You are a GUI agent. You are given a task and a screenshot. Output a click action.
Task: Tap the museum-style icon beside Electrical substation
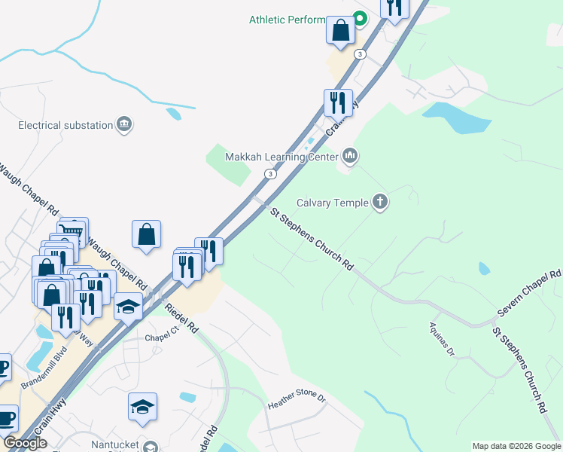(x=125, y=124)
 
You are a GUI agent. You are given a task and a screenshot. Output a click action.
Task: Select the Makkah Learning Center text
(x=282, y=157)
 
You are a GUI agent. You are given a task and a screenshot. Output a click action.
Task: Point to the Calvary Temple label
(x=332, y=203)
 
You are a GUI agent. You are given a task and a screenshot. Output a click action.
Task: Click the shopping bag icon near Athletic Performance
(x=340, y=31)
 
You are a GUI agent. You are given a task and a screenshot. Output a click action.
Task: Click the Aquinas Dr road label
(x=442, y=341)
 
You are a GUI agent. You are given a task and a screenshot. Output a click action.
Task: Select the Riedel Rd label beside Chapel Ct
(x=181, y=317)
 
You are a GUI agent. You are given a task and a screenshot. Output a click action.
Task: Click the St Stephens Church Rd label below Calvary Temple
(x=312, y=240)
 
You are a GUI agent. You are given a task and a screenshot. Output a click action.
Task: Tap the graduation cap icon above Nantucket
(x=142, y=407)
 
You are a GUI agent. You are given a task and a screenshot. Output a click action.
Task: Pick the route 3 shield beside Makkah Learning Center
(x=269, y=174)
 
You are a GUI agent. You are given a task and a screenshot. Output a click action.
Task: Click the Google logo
(x=25, y=443)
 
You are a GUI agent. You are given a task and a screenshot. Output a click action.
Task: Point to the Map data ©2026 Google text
(x=516, y=446)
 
